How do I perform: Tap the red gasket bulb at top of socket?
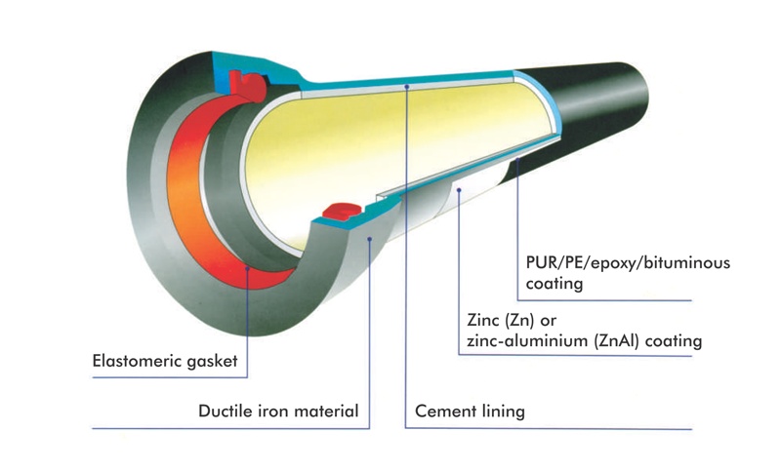pyautogui.click(x=252, y=85)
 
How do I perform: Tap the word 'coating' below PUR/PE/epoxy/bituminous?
pyautogui.click(x=554, y=285)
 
